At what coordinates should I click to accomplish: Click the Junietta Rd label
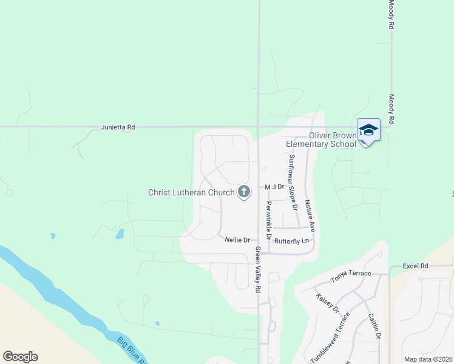click(x=118, y=127)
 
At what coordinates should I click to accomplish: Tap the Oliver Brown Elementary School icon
click(x=368, y=130)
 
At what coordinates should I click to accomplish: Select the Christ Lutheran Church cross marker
click(x=244, y=192)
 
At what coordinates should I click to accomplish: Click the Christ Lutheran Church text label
click(x=191, y=193)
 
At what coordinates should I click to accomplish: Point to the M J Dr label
click(x=274, y=187)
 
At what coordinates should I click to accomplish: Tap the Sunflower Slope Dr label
click(x=293, y=182)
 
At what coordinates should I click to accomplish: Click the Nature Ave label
click(x=310, y=216)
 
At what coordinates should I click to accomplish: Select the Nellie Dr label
click(x=237, y=240)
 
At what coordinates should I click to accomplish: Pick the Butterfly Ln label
click(x=292, y=241)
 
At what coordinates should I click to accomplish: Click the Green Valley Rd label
click(x=257, y=270)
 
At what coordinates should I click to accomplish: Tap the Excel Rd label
click(x=416, y=266)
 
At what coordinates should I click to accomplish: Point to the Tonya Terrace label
click(x=351, y=277)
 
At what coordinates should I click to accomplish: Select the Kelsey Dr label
click(x=328, y=303)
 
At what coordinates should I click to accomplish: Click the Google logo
click(x=20, y=357)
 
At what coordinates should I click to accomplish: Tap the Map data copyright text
click(x=428, y=359)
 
